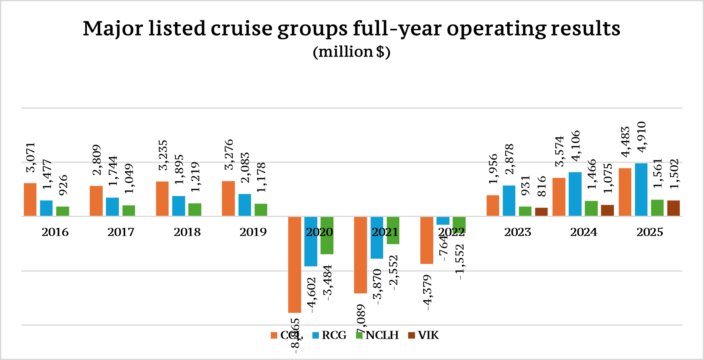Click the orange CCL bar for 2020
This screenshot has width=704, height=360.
[294, 265]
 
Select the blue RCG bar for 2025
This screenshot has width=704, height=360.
[641, 189]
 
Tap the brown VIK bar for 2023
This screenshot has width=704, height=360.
[541, 212]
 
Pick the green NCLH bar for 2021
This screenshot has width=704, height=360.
[393, 230]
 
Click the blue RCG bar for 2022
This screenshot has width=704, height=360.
[443, 221]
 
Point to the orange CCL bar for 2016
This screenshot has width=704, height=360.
[30, 200]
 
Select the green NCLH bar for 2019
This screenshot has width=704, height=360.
[261, 210]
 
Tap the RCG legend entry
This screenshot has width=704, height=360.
[329, 335]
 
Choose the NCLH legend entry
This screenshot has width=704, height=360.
[377, 335]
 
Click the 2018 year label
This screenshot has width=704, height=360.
[187, 232]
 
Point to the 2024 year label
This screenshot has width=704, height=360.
[584, 232]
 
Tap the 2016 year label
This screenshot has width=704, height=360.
[55, 232]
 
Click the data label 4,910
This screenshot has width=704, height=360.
[641, 137]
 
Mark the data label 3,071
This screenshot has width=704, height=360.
[31, 158]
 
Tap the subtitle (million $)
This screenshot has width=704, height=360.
[352, 52]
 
